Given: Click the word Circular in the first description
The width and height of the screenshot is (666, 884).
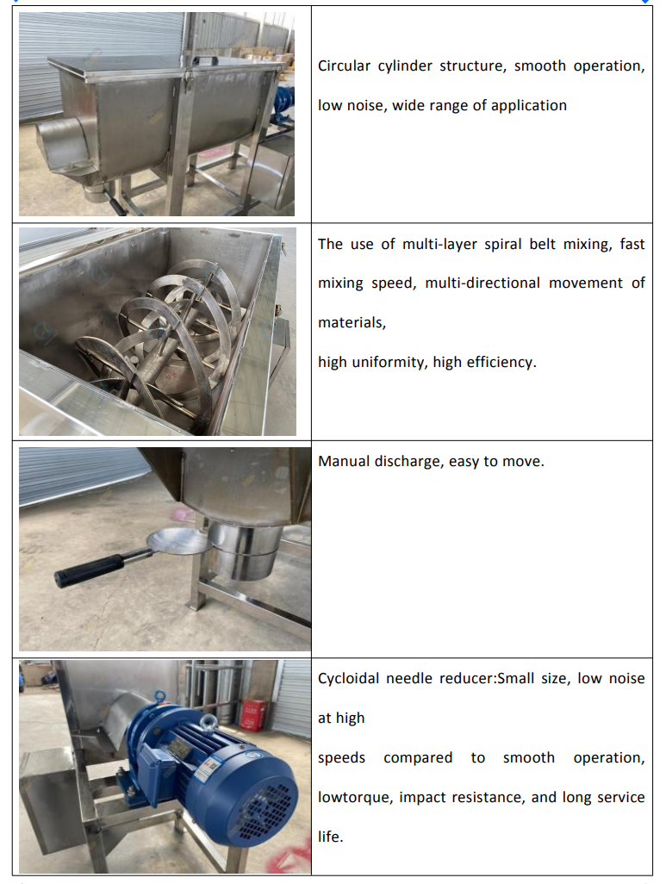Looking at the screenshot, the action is click(x=344, y=66).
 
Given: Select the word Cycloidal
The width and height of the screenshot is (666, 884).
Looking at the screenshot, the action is click(x=348, y=679).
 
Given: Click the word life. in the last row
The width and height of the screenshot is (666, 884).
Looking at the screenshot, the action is click(x=331, y=837).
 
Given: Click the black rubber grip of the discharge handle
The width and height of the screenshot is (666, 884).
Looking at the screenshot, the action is click(x=90, y=570).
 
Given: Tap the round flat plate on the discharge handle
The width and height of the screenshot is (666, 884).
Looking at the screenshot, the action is click(x=177, y=541).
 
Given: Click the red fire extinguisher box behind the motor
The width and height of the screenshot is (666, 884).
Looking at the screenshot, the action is click(x=253, y=715).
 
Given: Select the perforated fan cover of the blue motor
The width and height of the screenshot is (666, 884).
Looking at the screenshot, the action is click(x=265, y=807).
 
